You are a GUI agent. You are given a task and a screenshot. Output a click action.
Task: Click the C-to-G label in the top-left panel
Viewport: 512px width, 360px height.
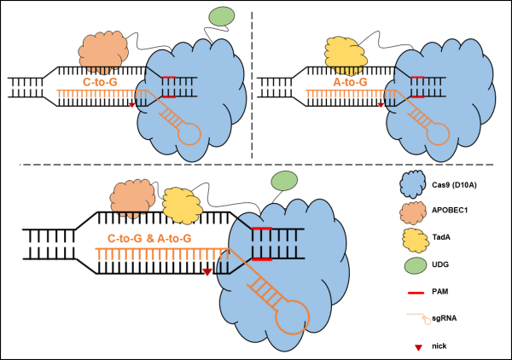click(100, 82)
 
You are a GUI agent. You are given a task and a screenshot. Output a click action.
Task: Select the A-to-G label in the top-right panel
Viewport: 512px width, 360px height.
click(350, 82)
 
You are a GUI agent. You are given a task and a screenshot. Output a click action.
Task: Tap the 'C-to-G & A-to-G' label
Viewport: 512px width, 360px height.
click(149, 239)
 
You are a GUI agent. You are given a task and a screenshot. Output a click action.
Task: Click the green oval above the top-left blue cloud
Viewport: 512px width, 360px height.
click(222, 16)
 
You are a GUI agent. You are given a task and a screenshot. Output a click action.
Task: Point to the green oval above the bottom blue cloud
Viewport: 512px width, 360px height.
click(284, 181)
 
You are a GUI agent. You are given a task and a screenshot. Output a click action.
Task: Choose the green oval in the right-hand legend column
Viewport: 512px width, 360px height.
click(416, 265)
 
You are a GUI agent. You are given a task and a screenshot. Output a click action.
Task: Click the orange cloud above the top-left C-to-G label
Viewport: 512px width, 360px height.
click(103, 51)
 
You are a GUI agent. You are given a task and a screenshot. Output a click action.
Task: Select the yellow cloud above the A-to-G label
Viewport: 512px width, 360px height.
click(346, 55)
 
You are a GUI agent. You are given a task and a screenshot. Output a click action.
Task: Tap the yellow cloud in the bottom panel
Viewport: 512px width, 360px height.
click(182, 206)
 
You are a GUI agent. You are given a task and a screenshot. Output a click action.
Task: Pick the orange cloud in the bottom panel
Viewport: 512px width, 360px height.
click(132, 198)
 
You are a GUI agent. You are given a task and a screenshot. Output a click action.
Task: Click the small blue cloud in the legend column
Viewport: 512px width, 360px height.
click(413, 183)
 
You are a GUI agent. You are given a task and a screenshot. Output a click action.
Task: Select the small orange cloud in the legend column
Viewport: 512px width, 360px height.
click(413, 212)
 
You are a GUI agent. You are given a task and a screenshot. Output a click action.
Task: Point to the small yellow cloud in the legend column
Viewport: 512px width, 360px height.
click(415, 241)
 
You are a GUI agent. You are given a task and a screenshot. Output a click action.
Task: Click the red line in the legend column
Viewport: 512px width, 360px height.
click(416, 293)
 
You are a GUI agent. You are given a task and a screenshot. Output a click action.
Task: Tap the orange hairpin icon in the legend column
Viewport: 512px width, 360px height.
click(419, 318)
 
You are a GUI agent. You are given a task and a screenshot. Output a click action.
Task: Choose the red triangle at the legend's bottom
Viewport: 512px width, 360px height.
click(418, 347)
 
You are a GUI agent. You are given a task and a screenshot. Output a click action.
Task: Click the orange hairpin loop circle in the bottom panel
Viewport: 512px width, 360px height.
click(293, 317)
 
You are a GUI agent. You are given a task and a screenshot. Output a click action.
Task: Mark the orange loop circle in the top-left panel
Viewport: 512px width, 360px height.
click(189, 134)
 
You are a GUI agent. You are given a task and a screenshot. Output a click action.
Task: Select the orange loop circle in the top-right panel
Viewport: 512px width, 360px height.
click(438, 134)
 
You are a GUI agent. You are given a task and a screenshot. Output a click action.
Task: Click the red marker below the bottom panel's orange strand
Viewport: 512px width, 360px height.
click(207, 271)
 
